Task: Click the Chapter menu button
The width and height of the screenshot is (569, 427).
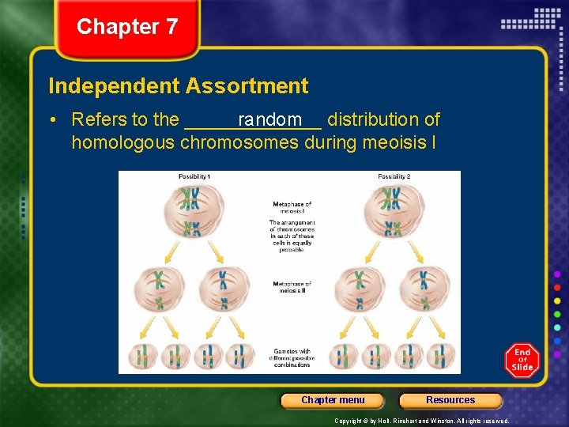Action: click(x=333, y=400)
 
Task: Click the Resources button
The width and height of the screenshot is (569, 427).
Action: click(x=450, y=400)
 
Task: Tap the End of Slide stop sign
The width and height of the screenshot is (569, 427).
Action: click(x=522, y=360)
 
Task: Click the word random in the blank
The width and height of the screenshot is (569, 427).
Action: click(x=270, y=119)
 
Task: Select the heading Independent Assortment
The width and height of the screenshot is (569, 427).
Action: click(x=179, y=85)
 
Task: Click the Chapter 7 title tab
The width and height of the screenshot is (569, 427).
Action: click(x=127, y=27)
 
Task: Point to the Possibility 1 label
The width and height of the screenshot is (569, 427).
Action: click(x=194, y=176)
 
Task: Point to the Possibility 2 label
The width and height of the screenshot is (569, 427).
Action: click(x=394, y=176)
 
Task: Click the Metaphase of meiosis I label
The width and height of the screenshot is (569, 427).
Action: click(x=292, y=208)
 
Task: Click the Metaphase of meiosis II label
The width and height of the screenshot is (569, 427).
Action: click(x=292, y=287)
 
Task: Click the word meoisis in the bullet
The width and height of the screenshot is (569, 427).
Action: click(x=393, y=143)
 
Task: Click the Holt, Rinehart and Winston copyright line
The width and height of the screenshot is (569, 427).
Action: click(x=421, y=421)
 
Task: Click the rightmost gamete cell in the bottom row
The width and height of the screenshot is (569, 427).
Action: click(x=445, y=357)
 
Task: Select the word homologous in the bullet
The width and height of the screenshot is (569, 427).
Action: click(x=123, y=143)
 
